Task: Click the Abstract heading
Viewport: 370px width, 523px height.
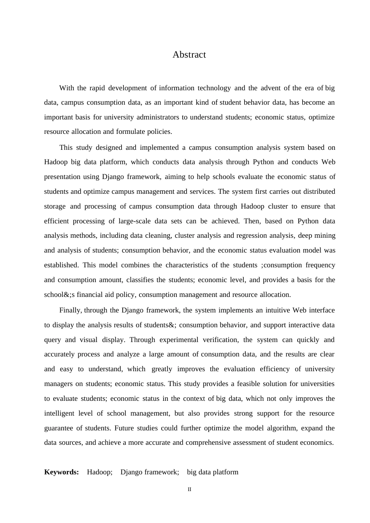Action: [189, 55]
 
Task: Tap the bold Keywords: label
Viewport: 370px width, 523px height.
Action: [62, 472]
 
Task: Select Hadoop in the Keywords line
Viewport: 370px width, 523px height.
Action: [99, 472]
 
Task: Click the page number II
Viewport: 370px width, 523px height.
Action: [189, 490]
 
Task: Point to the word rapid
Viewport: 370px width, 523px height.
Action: [97, 88]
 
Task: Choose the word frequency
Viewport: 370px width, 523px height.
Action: [320, 265]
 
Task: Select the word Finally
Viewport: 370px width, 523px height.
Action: [70, 310]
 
